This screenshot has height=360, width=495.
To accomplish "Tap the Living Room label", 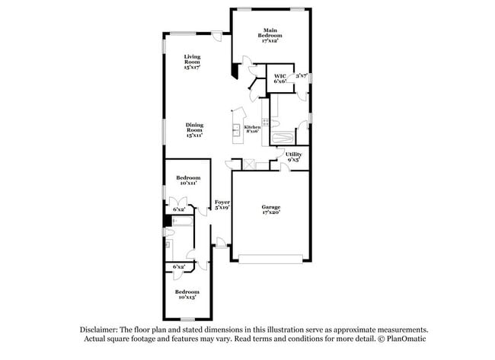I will (x=191, y=62).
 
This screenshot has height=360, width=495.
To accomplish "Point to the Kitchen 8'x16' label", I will (x=252, y=129).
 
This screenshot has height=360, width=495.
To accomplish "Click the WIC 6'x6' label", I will (x=279, y=78).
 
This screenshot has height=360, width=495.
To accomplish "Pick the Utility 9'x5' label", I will (x=293, y=158).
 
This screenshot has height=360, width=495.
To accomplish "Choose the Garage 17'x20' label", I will (x=271, y=210).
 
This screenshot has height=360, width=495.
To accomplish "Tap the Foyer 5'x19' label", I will (x=222, y=205).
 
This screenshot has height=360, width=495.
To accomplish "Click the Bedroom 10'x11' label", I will (x=188, y=180).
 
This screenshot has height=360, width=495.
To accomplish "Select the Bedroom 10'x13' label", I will (x=187, y=295).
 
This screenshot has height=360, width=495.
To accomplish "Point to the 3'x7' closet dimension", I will (x=301, y=76).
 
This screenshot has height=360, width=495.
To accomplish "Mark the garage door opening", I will (x=271, y=258).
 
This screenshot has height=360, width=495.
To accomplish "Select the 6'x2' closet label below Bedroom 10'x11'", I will (x=180, y=209).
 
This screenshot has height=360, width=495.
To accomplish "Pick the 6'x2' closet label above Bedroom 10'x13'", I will (x=180, y=267).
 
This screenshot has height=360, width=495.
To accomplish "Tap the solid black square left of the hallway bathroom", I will (x=168, y=222).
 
